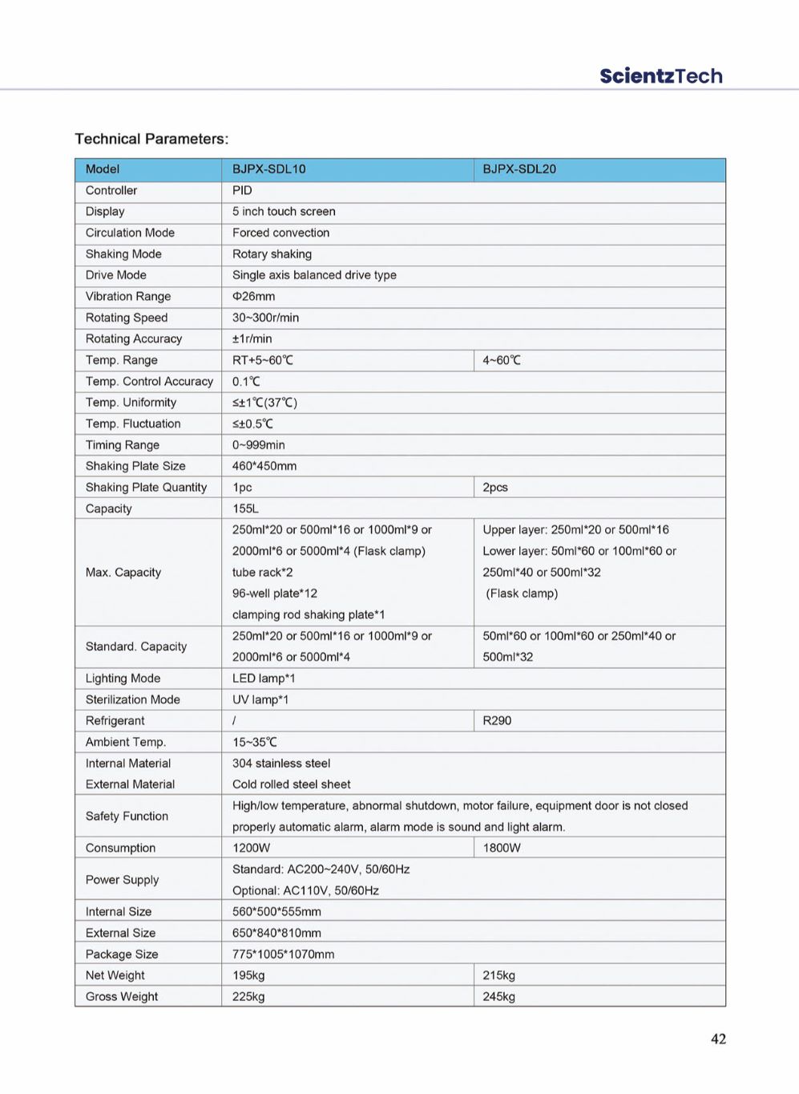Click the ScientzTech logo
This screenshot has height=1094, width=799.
pos(660,76)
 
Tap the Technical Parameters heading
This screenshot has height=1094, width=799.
pos(151,139)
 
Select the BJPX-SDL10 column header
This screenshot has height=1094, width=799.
pos(268,169)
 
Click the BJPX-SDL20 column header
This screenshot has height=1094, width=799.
pos(519,169)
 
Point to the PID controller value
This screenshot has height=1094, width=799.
pos(242,190)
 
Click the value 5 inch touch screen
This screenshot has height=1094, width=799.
pos(284,212)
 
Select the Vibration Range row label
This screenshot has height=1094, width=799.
pos(128,296)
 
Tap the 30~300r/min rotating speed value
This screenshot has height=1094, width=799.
pos(265,318)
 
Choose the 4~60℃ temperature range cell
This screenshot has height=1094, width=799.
pos(502,360)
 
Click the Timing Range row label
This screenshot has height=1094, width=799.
pos(123,445)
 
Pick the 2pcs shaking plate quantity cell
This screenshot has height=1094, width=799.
pos(495,488)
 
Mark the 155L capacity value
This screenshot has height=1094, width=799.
pos(245,509)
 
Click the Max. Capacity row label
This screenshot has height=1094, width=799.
pos(123,572)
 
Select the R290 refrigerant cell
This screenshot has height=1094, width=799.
pos(497,720)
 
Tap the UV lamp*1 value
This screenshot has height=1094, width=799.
pos(260,699)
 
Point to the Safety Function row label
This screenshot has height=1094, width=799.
pos(127,816)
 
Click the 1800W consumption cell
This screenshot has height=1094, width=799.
pos(502,848)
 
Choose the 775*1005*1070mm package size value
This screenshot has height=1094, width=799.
pos(283,954)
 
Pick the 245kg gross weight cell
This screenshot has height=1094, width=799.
pos(498,996)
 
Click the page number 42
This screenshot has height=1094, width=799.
pos(718,1039)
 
